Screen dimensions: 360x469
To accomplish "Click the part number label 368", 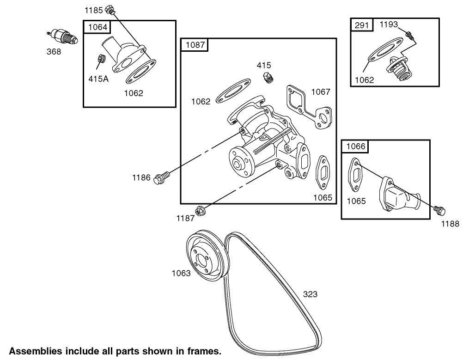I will [x=54, y=51].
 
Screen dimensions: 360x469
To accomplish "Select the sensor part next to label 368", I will [x=62, y=37].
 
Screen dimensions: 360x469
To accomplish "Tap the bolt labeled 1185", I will [x=110, y=9].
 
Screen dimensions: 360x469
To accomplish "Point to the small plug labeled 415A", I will [x=101, y=59].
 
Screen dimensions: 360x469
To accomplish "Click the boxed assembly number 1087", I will [x=195, y=45].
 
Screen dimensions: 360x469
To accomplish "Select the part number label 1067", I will [x=320, y=92].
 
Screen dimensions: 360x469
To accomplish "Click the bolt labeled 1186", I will [x=162, y=176].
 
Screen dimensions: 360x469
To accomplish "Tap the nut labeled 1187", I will [x=200, y=210].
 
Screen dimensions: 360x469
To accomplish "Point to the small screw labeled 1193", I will [x=408, y=34].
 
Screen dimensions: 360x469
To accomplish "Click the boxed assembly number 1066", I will [x=355, y=147].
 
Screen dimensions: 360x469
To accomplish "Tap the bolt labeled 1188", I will [x=439, y=211].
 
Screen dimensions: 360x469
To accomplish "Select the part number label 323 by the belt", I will [x=310, y=293].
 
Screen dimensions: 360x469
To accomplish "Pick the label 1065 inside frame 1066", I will [x=356, y=201].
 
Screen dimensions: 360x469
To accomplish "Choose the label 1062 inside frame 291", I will [x=364, y=80].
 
